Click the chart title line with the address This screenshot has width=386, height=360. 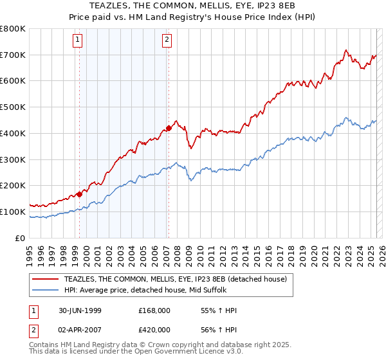click(193, 6)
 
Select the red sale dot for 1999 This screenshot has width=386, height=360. click(80, 194)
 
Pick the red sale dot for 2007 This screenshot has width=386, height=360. click(169, 128)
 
